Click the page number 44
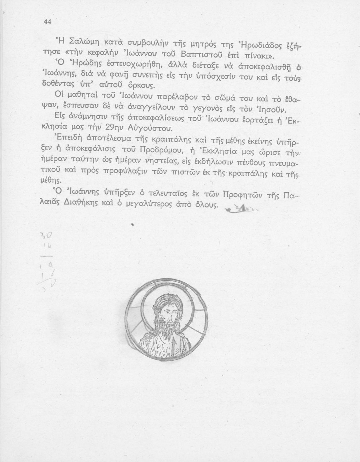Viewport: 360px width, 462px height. tap(47, 22)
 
